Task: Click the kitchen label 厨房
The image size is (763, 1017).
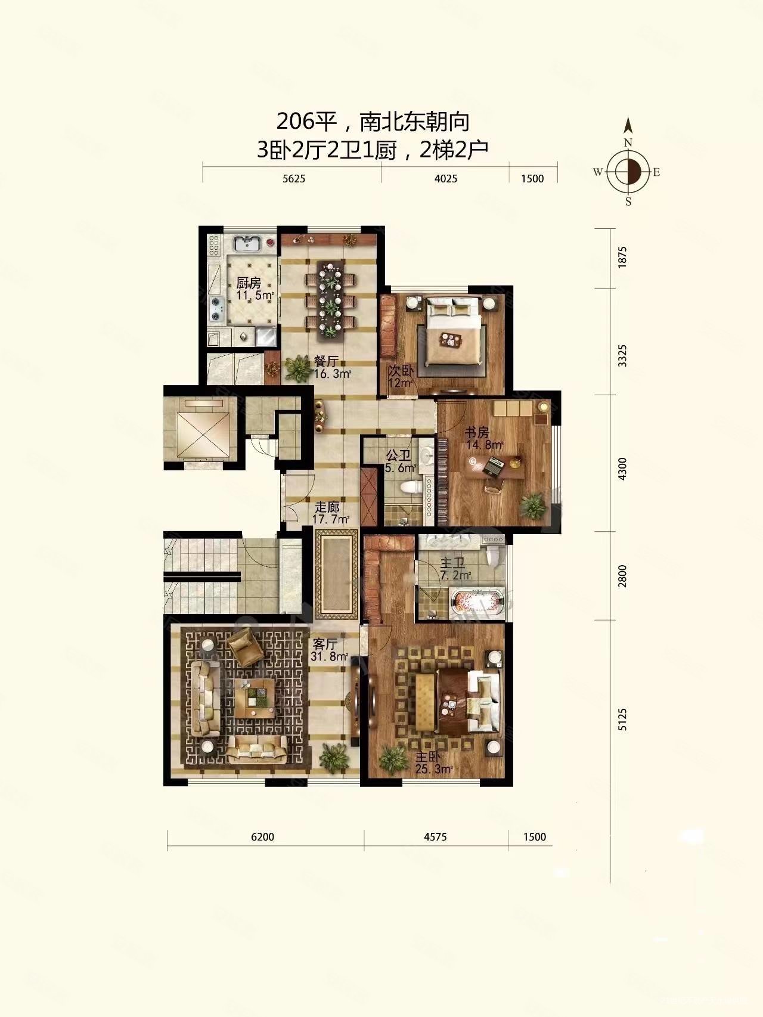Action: point(249,283)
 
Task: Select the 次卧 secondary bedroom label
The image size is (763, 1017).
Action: point(400,370)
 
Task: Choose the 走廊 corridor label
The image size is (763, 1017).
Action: point(327,507)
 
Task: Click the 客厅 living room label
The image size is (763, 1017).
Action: point(325,644)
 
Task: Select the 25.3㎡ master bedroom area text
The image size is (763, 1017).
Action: point(435,769)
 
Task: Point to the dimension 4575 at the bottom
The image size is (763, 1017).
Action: point(435,836)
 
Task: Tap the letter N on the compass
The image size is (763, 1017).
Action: point(628,142)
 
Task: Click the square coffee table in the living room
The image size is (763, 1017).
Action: point(255,698)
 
